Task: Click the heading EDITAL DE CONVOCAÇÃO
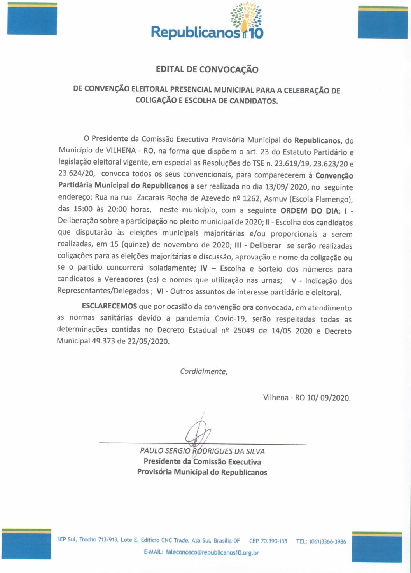(207, 70)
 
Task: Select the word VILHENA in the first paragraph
(121, 151)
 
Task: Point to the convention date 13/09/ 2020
(286, 187)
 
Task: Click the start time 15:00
(83, 209)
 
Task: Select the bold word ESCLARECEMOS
(109, 306)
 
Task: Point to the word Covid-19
(230, 319)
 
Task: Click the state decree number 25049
(244, 330)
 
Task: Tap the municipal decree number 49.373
(103, 342)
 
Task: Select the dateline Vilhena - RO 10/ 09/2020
(306, 398)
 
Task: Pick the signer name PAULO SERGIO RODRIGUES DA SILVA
(202, 451)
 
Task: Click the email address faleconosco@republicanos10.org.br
(212, 552)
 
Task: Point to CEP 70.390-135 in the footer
(268, 541)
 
